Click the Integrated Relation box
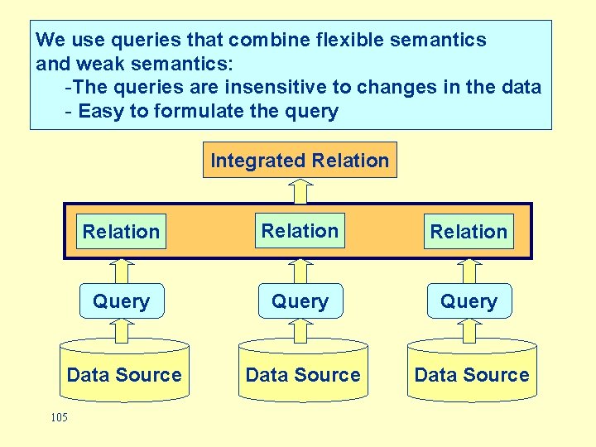tap(300, 161)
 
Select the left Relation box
tap(121, 232)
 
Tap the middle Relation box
tap(300, 231)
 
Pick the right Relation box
tap(469, 232)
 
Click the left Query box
tap(121, 301)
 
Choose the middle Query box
tap(300, 301)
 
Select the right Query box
tap(469, 301)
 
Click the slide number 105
tap(59, 417)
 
